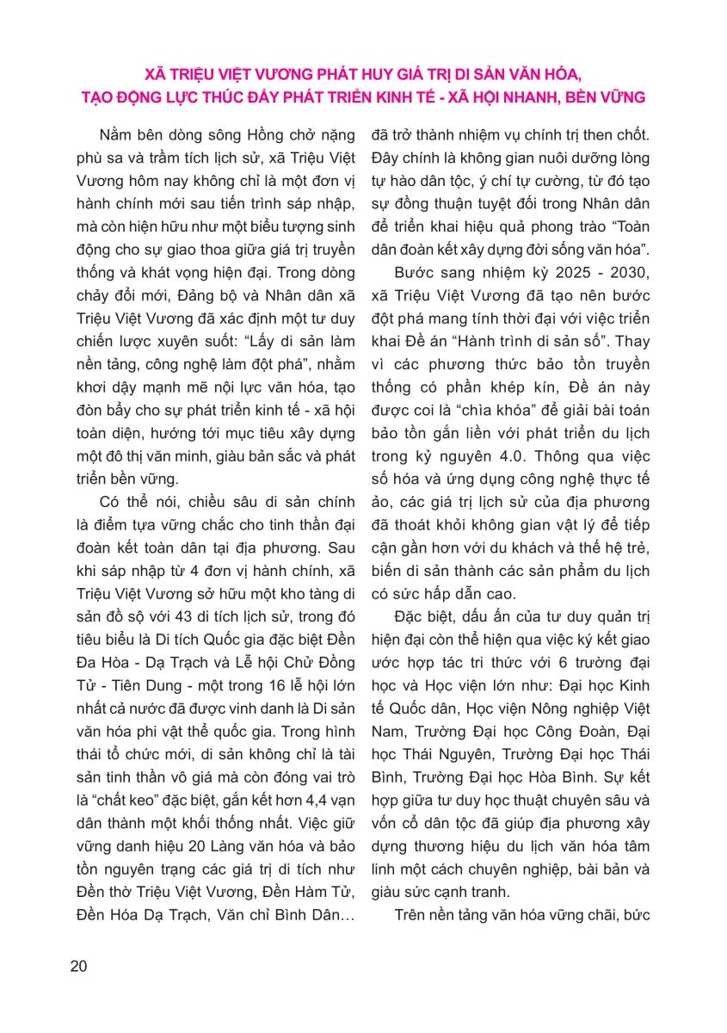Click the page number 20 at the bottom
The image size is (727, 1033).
pyautogui.click(x=78, y=966)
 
